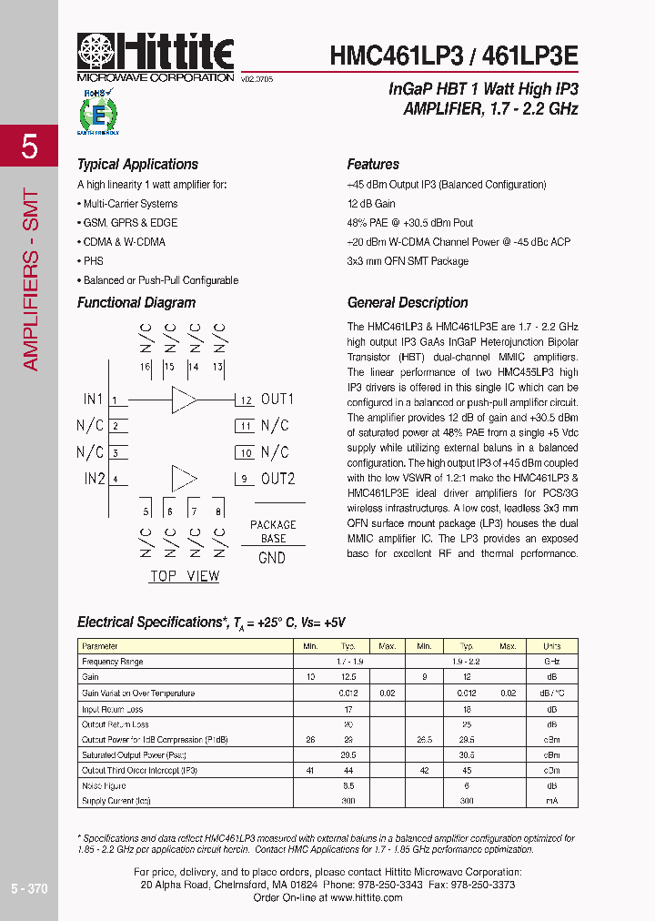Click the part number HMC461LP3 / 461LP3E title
pos(453,56)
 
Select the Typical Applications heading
pos(137,165)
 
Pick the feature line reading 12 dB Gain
pos(370,204)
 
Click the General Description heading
pos(408,303)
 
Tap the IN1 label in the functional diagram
pos(94,400)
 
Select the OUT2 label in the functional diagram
pos(277,479)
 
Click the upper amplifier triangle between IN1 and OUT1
pos(184,400)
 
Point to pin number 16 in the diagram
pos(145,367)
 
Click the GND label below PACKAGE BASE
pos(272,558)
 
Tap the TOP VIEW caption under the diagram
pos(184,576)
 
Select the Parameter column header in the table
pos(100,646)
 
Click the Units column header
pos(551,646)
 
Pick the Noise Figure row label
pos(105,785)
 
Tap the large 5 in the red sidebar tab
pos(29,147)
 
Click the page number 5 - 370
pos(29,888)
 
